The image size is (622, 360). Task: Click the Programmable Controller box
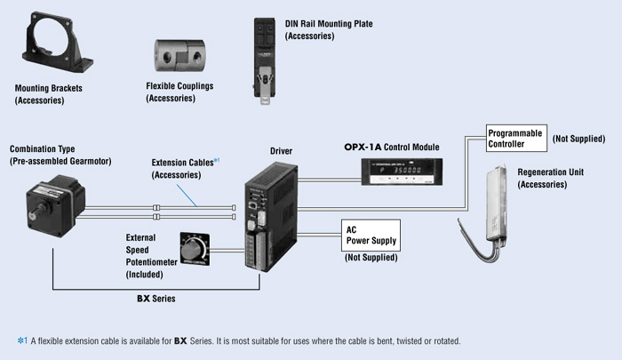516,138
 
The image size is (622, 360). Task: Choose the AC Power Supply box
371,234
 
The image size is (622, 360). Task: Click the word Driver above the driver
280,151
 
